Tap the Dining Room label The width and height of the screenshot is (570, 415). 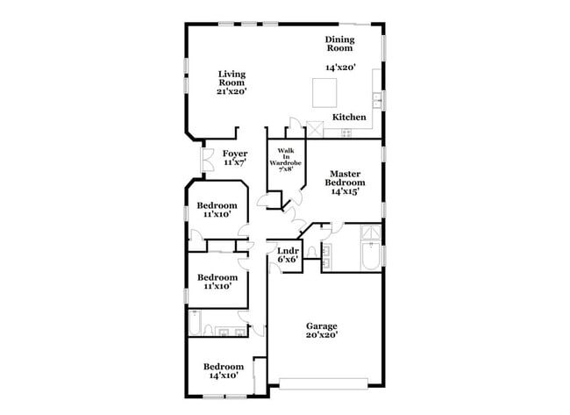(339, 43)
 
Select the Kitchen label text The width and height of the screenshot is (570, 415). (349, 117)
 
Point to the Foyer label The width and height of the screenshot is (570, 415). (234, 154)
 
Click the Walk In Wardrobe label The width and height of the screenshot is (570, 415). (286, 159)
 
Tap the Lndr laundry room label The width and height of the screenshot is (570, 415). (288, 251)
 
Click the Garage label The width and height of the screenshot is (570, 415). (321, 326)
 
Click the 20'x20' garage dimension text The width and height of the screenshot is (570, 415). (321, 334)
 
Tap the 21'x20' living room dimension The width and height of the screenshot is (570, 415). (232, 90)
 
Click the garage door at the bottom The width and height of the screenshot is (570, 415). (323, 383)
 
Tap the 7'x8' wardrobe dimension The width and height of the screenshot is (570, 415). (286, 168)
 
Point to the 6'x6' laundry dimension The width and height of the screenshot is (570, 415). (288, 260)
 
